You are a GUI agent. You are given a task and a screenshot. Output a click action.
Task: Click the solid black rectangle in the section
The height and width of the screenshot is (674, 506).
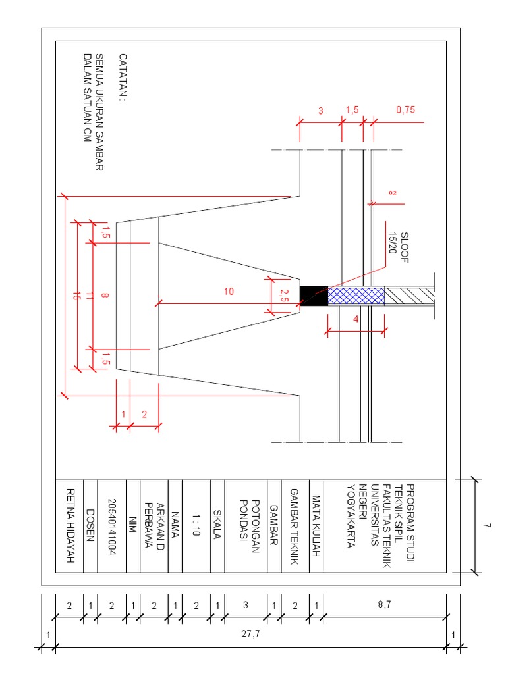tap(314, 296)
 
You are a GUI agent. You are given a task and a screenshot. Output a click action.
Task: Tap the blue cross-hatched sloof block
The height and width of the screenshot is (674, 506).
tap(356, 296)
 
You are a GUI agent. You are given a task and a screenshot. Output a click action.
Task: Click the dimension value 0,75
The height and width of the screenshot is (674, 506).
tap(405, 111)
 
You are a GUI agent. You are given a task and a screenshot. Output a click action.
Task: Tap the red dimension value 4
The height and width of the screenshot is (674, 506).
tap(356, 320)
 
